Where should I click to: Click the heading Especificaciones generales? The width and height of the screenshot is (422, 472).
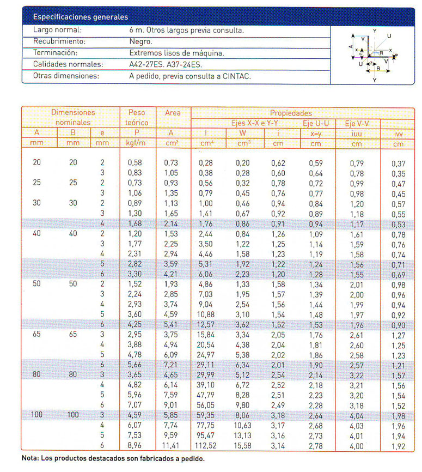(81, 17)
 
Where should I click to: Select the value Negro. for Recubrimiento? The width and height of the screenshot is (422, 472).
(141, 41)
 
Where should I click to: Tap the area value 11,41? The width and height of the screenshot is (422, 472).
(171, 445)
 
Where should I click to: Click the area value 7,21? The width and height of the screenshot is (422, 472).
(171, 365)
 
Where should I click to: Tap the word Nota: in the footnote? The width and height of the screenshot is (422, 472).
(30, 458)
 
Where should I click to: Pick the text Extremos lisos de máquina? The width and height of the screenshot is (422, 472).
(176, 53)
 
